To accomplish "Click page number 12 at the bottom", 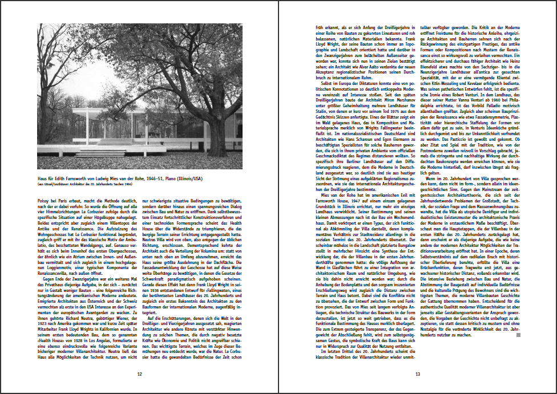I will click(140, 374).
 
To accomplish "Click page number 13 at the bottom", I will click(417, 374).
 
